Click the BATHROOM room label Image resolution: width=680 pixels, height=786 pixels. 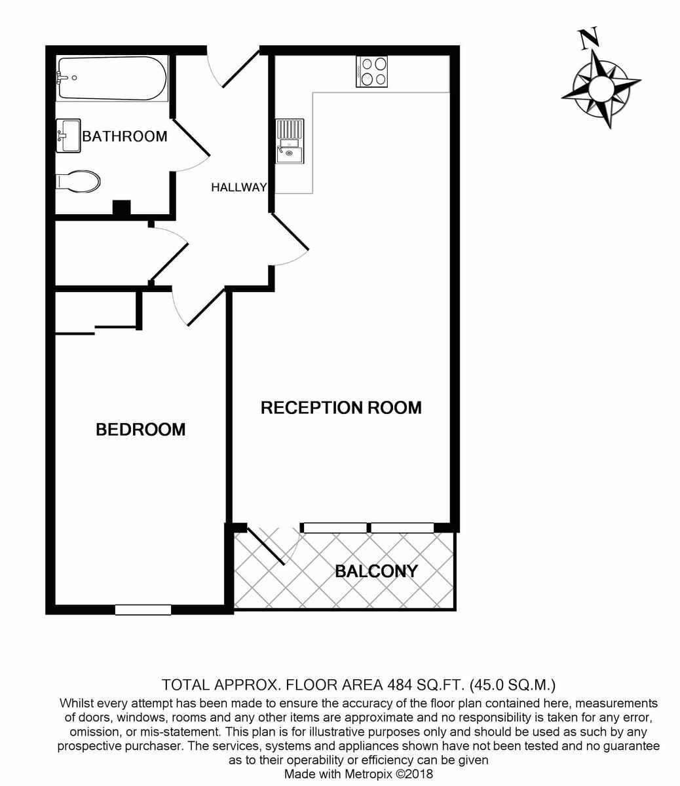coord(124,137)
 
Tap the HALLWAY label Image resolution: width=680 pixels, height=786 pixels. coord(238,187)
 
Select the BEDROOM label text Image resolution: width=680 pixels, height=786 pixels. coord(140,430)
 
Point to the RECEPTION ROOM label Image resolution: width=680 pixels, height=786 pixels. coord(341,407)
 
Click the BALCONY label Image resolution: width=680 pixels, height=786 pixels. coord(376,571)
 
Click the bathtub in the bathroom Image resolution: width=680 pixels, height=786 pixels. coord(111,78)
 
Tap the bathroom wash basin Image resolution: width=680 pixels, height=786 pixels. coord(68,136)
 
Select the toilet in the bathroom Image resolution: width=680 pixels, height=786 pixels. coord(79,181)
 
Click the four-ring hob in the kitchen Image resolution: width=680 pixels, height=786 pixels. coord(371,71)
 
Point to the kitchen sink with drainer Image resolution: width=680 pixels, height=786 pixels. coord(289,141)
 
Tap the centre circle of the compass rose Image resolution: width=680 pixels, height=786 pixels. coord(601,86)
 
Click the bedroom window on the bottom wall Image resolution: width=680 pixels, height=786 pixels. coord(143,610)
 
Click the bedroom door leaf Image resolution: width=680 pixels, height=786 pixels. coord(206,307)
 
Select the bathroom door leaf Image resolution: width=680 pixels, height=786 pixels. coord(191,139)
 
